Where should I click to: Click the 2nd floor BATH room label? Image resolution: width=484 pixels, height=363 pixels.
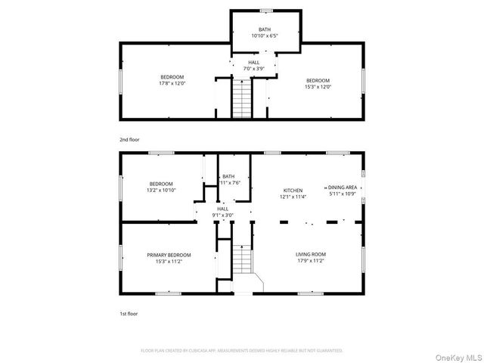(x=265, y=29)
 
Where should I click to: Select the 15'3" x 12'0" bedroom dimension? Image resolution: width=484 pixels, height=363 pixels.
(x=318, y=86)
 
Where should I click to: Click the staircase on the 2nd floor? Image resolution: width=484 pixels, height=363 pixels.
(x=241, y=99)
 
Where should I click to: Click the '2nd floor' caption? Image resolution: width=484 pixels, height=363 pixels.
(x=129, y=140)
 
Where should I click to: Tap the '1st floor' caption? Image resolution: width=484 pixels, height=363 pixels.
(x=129, y=312)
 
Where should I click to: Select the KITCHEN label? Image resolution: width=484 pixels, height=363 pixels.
(x=293, y=191)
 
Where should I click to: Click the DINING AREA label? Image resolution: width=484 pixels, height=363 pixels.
(x=342, y=188)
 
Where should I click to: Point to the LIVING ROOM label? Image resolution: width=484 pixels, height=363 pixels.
(x=310, y=254)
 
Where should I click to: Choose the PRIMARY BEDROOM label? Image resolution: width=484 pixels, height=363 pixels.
(x=169, y=255)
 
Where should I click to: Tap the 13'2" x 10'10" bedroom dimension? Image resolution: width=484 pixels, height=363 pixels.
(x=161, y=191)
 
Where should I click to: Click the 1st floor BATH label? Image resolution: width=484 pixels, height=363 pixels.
(x=228, y=176)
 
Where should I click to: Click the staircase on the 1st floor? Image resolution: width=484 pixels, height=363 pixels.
(x=241, y=263)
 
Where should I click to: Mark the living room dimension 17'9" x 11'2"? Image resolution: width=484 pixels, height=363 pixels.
(x=310, y=261)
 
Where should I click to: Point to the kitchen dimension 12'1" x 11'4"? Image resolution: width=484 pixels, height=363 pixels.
(x=293, y=197)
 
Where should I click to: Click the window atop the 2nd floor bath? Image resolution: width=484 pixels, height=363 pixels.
(x=265, y=11)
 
